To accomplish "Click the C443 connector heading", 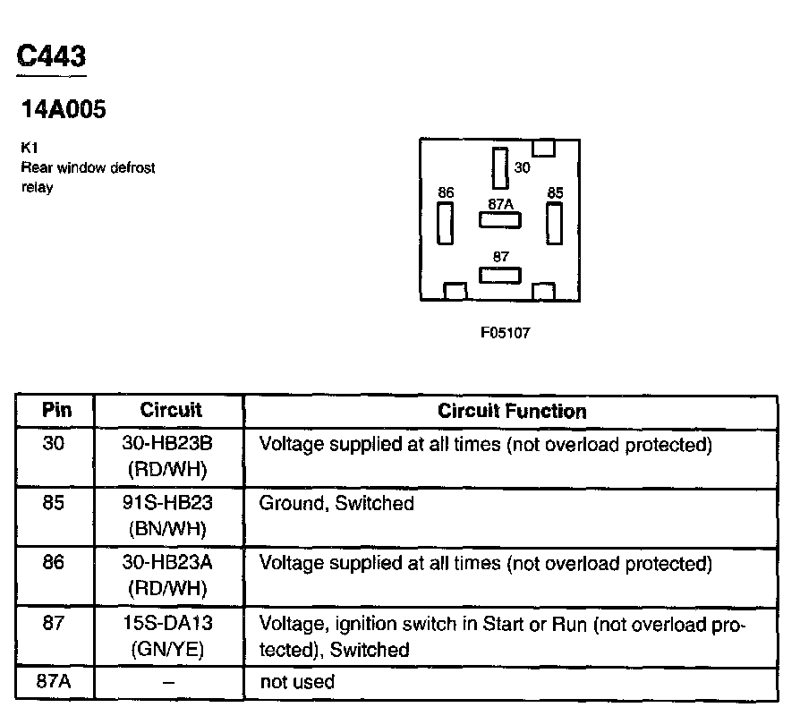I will point(52,57).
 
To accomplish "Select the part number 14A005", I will point(63,110).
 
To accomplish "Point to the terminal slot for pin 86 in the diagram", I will point(444,223).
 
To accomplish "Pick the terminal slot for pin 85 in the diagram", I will point(554,223).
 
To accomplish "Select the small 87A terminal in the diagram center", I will point(499,217).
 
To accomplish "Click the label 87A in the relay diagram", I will point(500,203).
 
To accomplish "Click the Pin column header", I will point(55,411).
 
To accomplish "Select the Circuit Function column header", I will point(512,411).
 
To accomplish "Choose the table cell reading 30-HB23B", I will point(171,444).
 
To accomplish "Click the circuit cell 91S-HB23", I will point(171,504).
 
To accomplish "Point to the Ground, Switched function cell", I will point(336,504).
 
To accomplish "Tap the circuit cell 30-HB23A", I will point(171,564).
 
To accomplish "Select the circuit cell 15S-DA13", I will point(171,624).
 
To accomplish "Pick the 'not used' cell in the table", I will point(297,682).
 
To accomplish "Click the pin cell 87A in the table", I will point(54,681).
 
